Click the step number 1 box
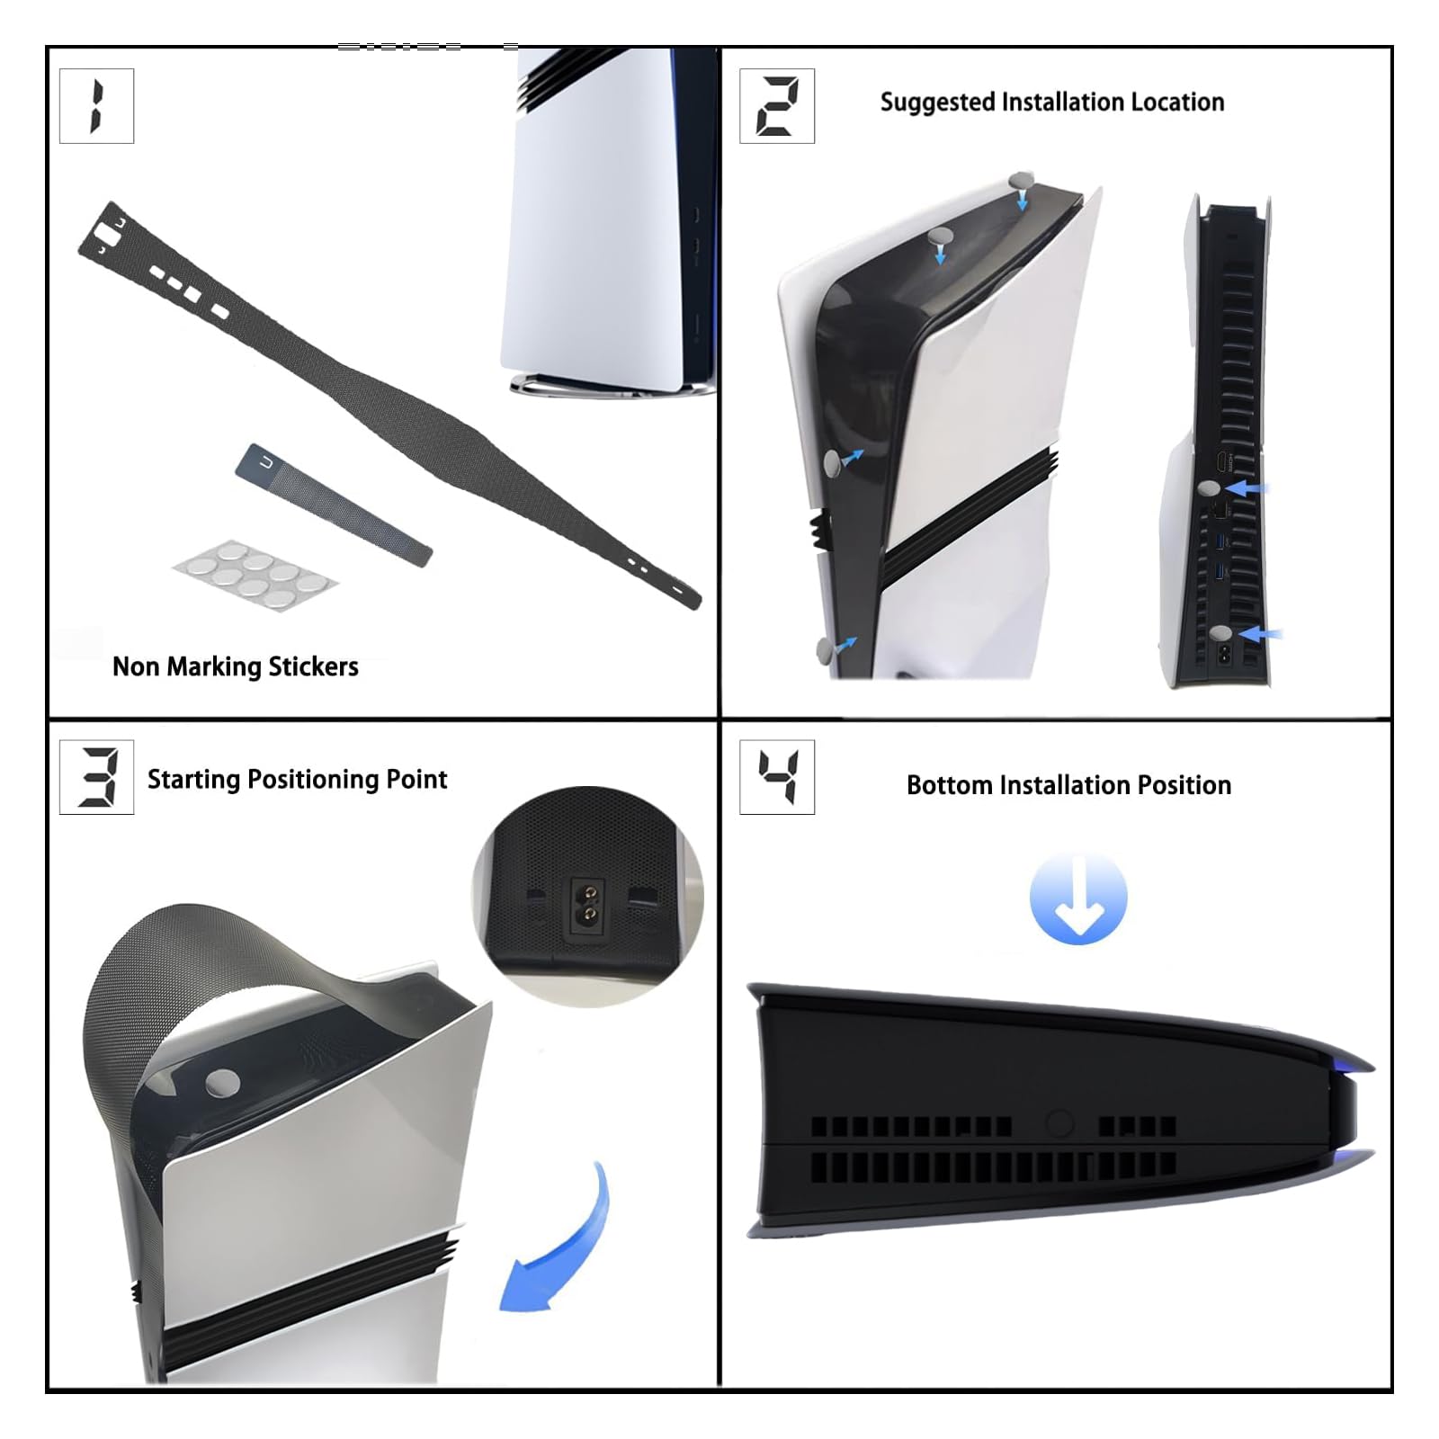pyautogui.click(x=96, y=106)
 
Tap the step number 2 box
pyautogui.click(x=777, y=106)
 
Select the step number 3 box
pyautogui.click(x=96, y=777)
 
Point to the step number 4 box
pyautogui.click(x=777, y=777)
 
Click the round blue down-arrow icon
pyautogui.click(x=1078, y=898)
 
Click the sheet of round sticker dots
pyautogui.click(x=255, y=574)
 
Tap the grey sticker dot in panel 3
pyautogui.click(x=222, y=1083)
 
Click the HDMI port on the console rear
pyautogui.click(x=1221, y=464)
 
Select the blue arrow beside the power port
pyautogui.click(x=1261, y=634)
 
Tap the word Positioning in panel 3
pyautogui.click(x=313, y=780)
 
